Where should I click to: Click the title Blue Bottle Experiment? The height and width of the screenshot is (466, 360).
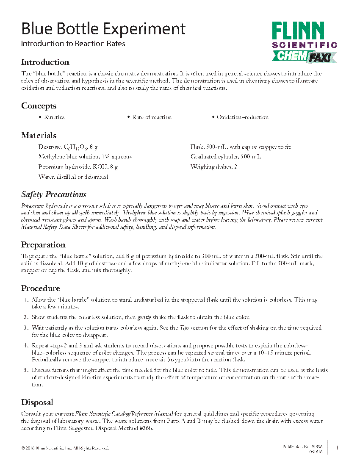(103, 29)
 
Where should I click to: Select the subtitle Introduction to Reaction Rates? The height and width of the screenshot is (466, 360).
(73, 44)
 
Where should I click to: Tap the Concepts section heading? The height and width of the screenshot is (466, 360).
(39, 106)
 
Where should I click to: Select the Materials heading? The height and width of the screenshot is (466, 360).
(39, 136)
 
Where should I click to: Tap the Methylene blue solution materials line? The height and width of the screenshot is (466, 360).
(85, 157)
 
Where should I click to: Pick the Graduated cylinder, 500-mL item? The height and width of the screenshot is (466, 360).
(225, 157)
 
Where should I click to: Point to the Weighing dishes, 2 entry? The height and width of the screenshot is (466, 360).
(213, 166)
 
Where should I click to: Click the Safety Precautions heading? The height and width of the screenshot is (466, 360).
(54, 194)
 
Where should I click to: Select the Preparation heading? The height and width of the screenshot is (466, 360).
(43, 245)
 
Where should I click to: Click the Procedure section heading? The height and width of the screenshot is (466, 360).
(40, 288)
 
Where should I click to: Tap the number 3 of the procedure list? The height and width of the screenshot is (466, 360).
(26, 328)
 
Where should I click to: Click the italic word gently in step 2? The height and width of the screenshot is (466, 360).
(144, 317)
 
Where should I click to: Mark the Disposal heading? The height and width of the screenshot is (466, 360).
(37, 402)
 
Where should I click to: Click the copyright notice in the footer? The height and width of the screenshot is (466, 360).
(65, 448)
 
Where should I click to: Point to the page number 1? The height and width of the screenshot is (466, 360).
(337, 448)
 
